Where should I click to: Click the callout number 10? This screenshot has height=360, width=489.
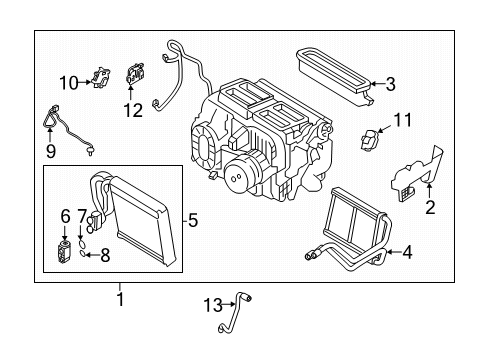[69, 82]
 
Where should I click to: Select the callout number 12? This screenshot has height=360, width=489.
[133, 110]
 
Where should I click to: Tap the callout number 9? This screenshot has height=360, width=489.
[51, 151]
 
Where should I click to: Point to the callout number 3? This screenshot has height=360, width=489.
[390, 84]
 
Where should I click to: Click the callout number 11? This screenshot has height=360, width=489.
[403, 120]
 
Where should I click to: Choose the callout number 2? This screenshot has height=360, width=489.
[430, 207]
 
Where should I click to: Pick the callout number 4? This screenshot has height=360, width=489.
[407, 252]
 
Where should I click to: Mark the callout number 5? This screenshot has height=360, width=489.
[193, 220]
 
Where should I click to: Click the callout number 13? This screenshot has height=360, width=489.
[213, 305]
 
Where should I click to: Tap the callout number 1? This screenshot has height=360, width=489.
[120, 299]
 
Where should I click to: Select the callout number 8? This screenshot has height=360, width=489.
[105, 256]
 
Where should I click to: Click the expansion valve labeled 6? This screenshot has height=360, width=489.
[64, 251]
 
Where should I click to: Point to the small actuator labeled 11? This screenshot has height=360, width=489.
[370, 140]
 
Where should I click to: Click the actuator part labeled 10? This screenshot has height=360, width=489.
[100, 77]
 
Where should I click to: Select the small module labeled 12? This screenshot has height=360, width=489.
[135, 73]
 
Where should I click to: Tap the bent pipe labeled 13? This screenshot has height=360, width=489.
[236, 312]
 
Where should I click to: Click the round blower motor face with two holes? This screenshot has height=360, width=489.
[237, 178]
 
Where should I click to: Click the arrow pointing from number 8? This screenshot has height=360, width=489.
[92, 256]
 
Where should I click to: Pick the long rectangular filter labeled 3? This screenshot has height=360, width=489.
[334, 77]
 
